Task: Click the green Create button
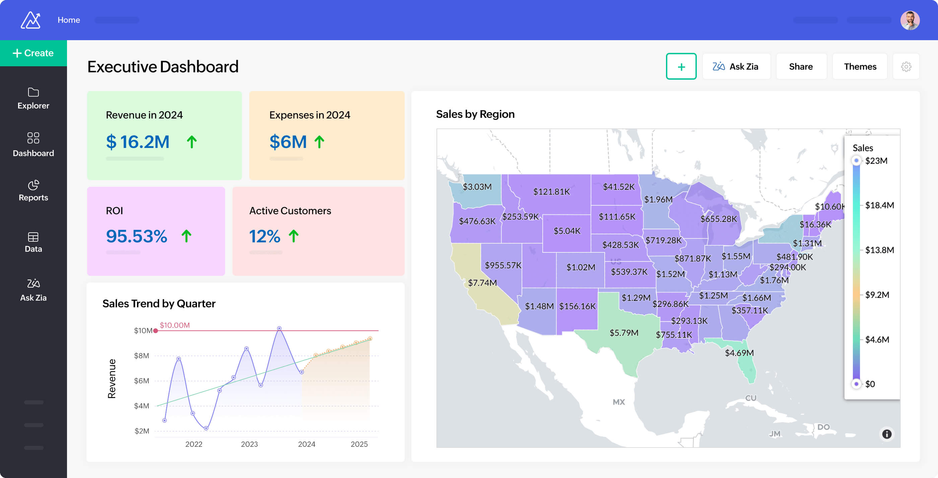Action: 33,53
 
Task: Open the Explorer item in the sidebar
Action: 33,98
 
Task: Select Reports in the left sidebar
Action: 33,190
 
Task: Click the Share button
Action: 801,67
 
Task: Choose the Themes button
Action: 860,67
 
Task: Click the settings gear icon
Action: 906,67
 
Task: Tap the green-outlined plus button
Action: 681,67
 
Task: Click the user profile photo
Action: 910,20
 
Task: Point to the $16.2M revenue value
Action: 138,142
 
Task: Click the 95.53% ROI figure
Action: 137,236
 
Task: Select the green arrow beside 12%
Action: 293,236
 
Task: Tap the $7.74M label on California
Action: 482,283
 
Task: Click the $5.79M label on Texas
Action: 624,333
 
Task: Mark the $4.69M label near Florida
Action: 739,353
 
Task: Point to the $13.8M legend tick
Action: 879,250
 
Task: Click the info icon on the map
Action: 887,434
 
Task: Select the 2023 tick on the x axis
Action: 249,444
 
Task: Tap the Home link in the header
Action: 69,20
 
